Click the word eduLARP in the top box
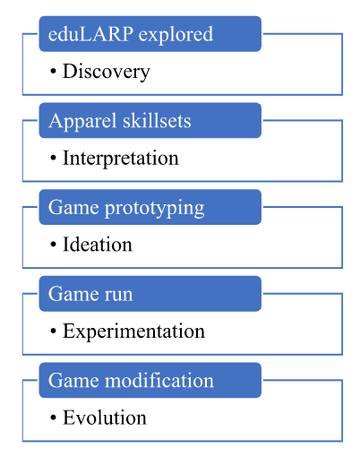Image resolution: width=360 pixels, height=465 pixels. (x=90, y=34)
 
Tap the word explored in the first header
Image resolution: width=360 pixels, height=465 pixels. (x=176, y=35)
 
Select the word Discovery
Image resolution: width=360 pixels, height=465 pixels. (x=107, y=73)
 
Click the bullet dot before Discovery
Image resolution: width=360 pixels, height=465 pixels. (x=53, y=72)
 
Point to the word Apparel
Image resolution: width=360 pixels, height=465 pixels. (x=82, y=122)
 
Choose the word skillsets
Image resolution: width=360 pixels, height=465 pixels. (x=157, y=121)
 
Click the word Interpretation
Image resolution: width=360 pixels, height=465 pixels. (x=121, y=159)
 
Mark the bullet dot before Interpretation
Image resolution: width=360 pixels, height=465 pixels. (x=53, y=158)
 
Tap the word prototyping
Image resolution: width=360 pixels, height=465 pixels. (x=155, y=209)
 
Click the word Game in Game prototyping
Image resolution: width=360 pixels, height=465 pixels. (x=73, y=207)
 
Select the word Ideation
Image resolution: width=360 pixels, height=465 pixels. (x=98, y=245)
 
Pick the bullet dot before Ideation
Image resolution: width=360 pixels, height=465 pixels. (x=53, y=245)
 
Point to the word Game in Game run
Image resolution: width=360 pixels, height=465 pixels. (x=73, y=294)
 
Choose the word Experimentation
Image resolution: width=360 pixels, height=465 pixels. (x=133, y=332)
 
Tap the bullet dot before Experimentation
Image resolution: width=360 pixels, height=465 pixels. (x=53, y=331)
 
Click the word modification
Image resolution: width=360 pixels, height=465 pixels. (x=159, y=380)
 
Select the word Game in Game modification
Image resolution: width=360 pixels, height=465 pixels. (x=73, y=380)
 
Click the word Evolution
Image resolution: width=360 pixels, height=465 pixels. (x=105, y=418)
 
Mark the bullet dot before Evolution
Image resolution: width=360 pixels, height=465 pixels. (x=53, y=418)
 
